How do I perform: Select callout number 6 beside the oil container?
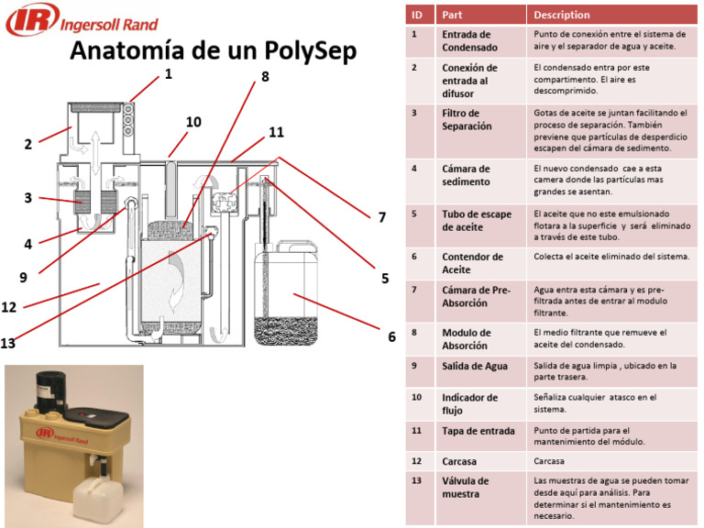coord(391,336)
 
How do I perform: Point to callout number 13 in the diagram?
coord(9,344)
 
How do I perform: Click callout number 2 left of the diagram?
coord(28,144)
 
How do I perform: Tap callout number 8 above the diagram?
coord(265,77)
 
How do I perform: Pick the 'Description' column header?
coord(562,15)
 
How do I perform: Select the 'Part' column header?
coord(451,15)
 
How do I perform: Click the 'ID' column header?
coord(417,15)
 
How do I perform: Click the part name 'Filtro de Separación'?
coord(467,119)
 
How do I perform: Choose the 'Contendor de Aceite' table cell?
coord(472,263)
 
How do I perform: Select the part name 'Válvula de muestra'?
coord(466,487)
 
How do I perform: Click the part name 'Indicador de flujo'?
coord(469,403)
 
